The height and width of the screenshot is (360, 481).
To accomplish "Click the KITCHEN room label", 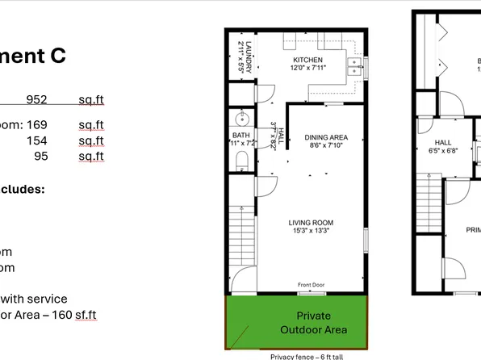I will point(307,61).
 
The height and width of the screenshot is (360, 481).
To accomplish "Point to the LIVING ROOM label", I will point(311,223).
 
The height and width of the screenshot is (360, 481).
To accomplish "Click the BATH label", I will point(240,135).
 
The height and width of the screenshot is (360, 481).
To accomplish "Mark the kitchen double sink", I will point(353,67).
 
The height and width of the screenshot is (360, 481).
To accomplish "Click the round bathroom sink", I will point(240,116).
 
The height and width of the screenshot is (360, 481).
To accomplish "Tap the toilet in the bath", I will point(240,161).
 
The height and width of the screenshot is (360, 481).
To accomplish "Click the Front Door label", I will point(311,285).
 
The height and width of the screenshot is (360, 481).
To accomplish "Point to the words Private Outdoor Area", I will point(313,322).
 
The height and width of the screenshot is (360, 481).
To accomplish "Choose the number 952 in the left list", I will point(36,100).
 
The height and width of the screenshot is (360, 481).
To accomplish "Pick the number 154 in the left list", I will point(37,140).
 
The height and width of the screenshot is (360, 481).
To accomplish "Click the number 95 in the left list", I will point(40,156).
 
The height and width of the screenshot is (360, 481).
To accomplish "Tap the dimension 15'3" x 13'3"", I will point(311,231).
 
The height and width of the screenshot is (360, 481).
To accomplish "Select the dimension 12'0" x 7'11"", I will point(307,69).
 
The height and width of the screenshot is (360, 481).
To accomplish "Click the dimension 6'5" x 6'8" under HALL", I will point(442,150).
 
